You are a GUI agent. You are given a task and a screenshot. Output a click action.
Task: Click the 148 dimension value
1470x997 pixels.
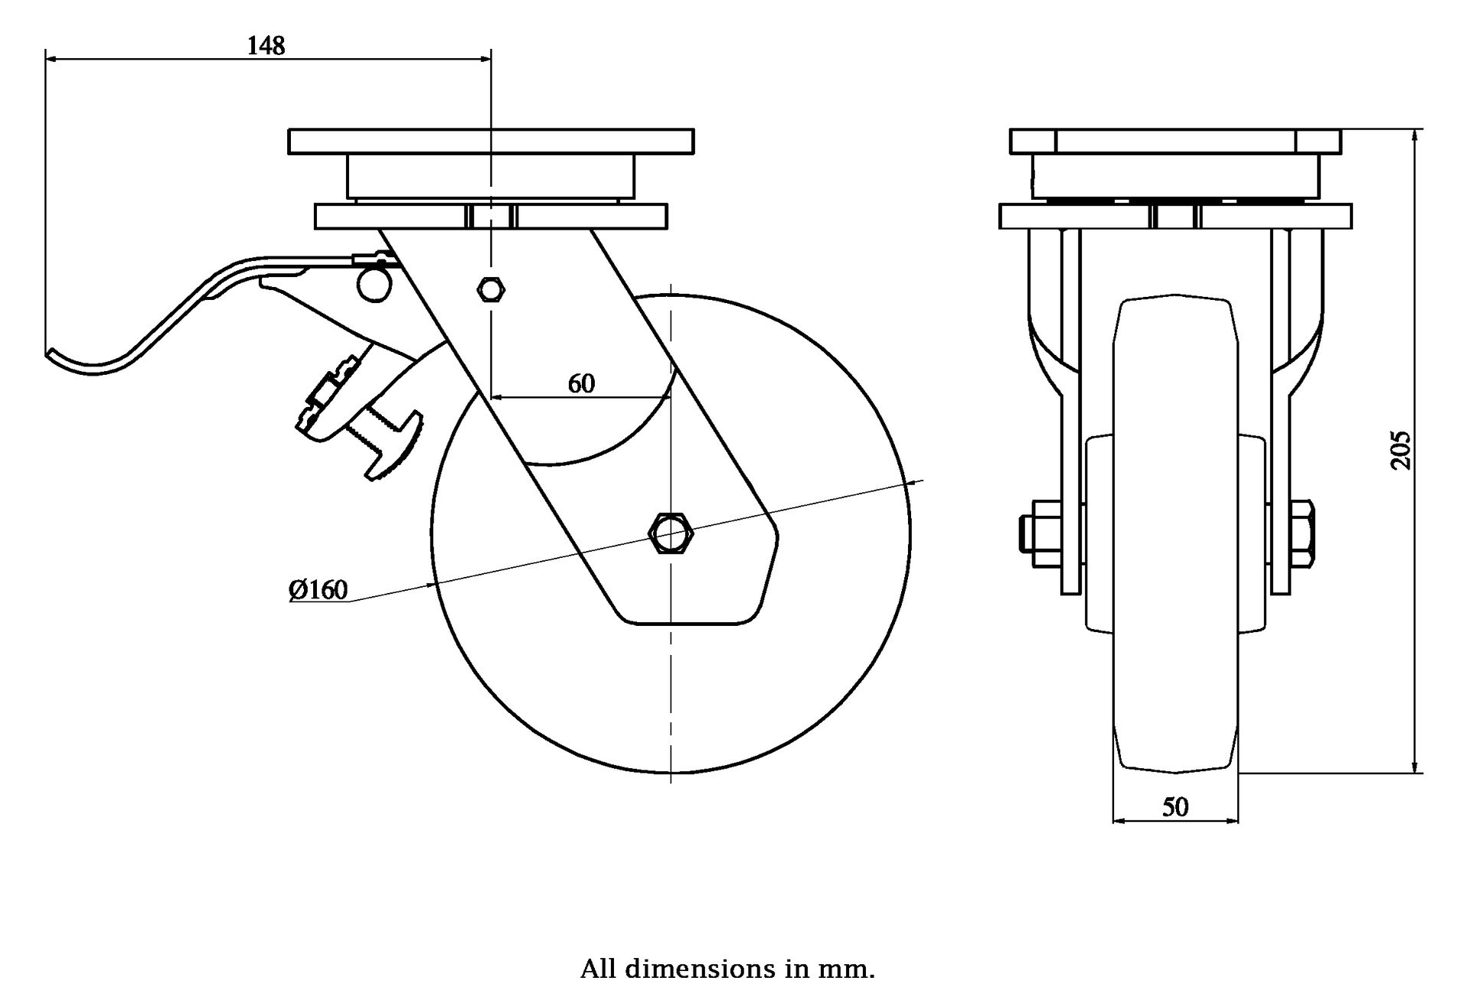pos(266,46)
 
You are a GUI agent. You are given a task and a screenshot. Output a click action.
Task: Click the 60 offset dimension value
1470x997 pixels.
pos(581,383)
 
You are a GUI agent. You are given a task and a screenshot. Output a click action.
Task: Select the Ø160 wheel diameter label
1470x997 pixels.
pos(318,590)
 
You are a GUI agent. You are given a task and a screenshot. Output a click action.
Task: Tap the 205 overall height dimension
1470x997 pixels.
pos(1400,450)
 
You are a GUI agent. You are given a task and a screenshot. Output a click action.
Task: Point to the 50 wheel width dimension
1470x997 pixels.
pos(1175,807)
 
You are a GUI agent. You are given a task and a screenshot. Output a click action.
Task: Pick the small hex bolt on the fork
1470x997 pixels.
pos(490,289)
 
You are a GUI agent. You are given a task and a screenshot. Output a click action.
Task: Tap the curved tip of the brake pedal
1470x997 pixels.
pos(54,354)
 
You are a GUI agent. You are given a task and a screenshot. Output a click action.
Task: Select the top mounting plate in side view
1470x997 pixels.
pos(491,142)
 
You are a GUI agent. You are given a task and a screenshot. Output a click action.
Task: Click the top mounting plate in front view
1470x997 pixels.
pos(1175,142)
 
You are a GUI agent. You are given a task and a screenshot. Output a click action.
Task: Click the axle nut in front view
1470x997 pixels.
pos(1304,533)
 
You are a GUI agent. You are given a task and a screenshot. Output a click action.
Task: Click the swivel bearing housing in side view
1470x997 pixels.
pos(491,176)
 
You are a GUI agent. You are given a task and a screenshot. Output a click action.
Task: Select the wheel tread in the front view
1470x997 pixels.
pos(1175,536)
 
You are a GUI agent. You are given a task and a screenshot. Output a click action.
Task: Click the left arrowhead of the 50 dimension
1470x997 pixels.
pos(1116,821)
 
